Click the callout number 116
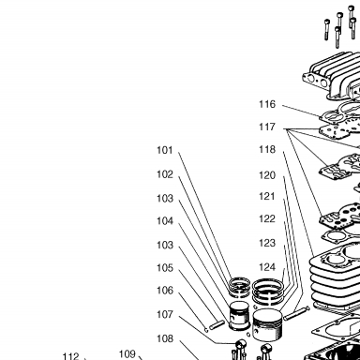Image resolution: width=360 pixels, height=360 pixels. pyautogui.click(x=267, y=104)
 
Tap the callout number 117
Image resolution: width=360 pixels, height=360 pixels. pyautogui.click(x=267, y=127)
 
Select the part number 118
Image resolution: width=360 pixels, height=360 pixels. pyautogui.click(x=267, y=150)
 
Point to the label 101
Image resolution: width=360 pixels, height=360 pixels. pyautogui.click(x=165, y=150)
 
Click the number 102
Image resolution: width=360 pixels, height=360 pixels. pyautogui.click(x=165, y=174)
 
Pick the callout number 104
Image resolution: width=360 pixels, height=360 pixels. pyautogui.click(x=165, y=221)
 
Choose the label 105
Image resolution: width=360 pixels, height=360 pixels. pyautogui.click(x=165, y=268)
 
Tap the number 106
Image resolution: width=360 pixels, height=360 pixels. pyautogui.click(x=165, y=291)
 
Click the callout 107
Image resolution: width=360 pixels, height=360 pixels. pyautogui.click(x=165, y=314)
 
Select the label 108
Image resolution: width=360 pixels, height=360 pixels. pyautogui.click(x=165, y=338)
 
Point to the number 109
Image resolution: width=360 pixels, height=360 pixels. pyautogui.click(x=127, y=354)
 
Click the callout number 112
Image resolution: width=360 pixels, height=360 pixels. pyautogui.click(x=71, y=356)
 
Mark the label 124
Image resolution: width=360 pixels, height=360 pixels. pyautogui.click(x=267, y=267)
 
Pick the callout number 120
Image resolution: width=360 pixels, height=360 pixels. pyautogui.click(x=267, y=175)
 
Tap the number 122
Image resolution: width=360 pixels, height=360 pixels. pyautogui.click(x=267, y=218)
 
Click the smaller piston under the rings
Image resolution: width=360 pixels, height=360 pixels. pyautogui.click(x=239, y=315)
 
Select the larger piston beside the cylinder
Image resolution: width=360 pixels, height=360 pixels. pyautogui.click(x=267, y=325)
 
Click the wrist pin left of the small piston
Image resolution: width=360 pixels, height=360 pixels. pyautogui.click(x=217, y=325)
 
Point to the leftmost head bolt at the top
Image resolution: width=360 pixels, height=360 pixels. pyautogui.click(x=327, y=30)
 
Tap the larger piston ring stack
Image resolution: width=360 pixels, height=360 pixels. pyautogui.click(x=268, y=292)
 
